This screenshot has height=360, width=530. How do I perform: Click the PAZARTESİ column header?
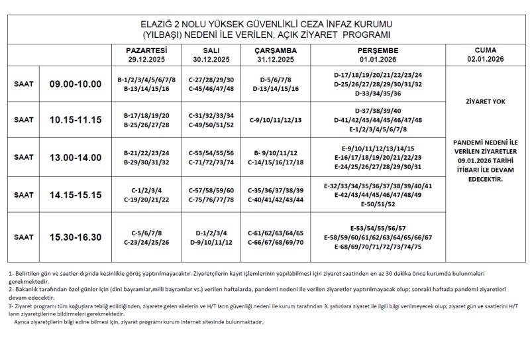(146, 50)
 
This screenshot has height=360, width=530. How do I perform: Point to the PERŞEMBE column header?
(377, 50)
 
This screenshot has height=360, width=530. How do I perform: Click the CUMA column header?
(486, 50)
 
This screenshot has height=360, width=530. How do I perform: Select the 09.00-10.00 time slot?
(76, 84)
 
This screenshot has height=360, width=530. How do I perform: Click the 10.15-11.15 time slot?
(76, 120)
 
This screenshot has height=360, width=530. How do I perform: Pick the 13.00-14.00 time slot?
(76, 157)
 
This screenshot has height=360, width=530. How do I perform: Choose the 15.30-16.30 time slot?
(76, 237)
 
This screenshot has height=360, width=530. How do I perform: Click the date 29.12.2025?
(146, 58)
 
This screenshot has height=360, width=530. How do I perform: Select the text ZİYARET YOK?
(486, 103)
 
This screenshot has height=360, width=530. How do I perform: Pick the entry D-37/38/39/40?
(380, 110)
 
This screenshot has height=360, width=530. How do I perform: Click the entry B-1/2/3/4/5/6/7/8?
(146, 79)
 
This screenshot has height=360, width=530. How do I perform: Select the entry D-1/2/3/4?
(211, 233)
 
